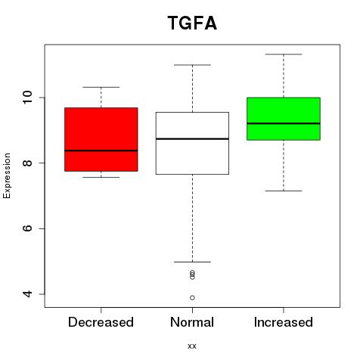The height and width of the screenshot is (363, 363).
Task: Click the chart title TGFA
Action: click(192, 23)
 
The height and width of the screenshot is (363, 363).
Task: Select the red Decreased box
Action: click(101, 139)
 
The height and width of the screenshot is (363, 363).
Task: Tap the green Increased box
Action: click(284, 119)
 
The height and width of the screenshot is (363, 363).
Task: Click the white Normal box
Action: click(192, 143)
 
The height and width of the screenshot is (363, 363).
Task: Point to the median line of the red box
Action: click(101, 150)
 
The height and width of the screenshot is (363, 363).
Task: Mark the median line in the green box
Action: click(284, 123)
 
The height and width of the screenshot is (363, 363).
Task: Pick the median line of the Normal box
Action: click(192, 139)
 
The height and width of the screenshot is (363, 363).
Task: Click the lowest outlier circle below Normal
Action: click(192, 298)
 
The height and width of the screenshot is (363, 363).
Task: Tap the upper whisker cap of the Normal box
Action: click(192, 65)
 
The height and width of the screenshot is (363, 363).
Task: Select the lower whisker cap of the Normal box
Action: click(192, 262)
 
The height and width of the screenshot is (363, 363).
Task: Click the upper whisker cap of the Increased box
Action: click(284, 54)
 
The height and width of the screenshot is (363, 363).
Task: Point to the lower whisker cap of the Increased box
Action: click(284, 191)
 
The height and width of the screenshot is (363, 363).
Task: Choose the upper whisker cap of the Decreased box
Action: click(101, 87)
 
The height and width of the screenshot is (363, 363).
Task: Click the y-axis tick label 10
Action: click(27, 98)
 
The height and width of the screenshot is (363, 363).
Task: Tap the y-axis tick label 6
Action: click(27, 228)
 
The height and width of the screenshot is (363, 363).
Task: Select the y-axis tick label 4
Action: click(27, 294)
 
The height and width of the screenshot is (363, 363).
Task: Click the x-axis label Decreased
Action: click(101, 322)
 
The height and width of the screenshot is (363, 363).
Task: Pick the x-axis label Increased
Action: click(284, 322)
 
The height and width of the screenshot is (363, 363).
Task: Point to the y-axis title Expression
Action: click(7, 175)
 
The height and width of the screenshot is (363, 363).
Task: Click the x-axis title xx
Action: click(192, 346)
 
